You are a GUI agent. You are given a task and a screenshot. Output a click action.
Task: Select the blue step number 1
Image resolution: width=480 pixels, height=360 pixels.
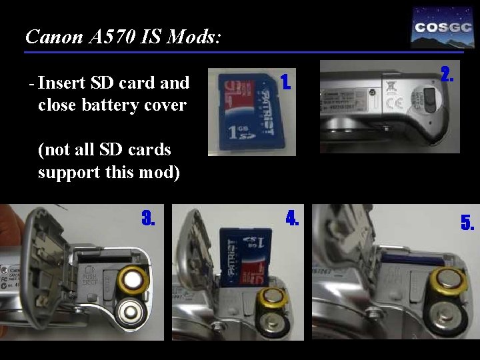[x=285, y=82]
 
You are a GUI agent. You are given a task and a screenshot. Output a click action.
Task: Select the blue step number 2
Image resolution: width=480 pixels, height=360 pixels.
[x=448, y=73]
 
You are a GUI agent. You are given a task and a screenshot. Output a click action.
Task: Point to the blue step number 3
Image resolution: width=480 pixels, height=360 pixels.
[x=148, y=218]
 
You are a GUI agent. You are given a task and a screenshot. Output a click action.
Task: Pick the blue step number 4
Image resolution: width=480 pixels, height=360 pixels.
[x=292, y=218]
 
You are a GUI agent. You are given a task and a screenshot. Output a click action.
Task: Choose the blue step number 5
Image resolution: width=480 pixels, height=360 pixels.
[x=467, y=223]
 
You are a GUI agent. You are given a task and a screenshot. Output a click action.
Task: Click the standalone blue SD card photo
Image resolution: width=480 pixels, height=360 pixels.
[x=251, y=113]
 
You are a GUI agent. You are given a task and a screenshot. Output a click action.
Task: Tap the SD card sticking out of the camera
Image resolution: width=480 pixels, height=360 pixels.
[x=247, y=256]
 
